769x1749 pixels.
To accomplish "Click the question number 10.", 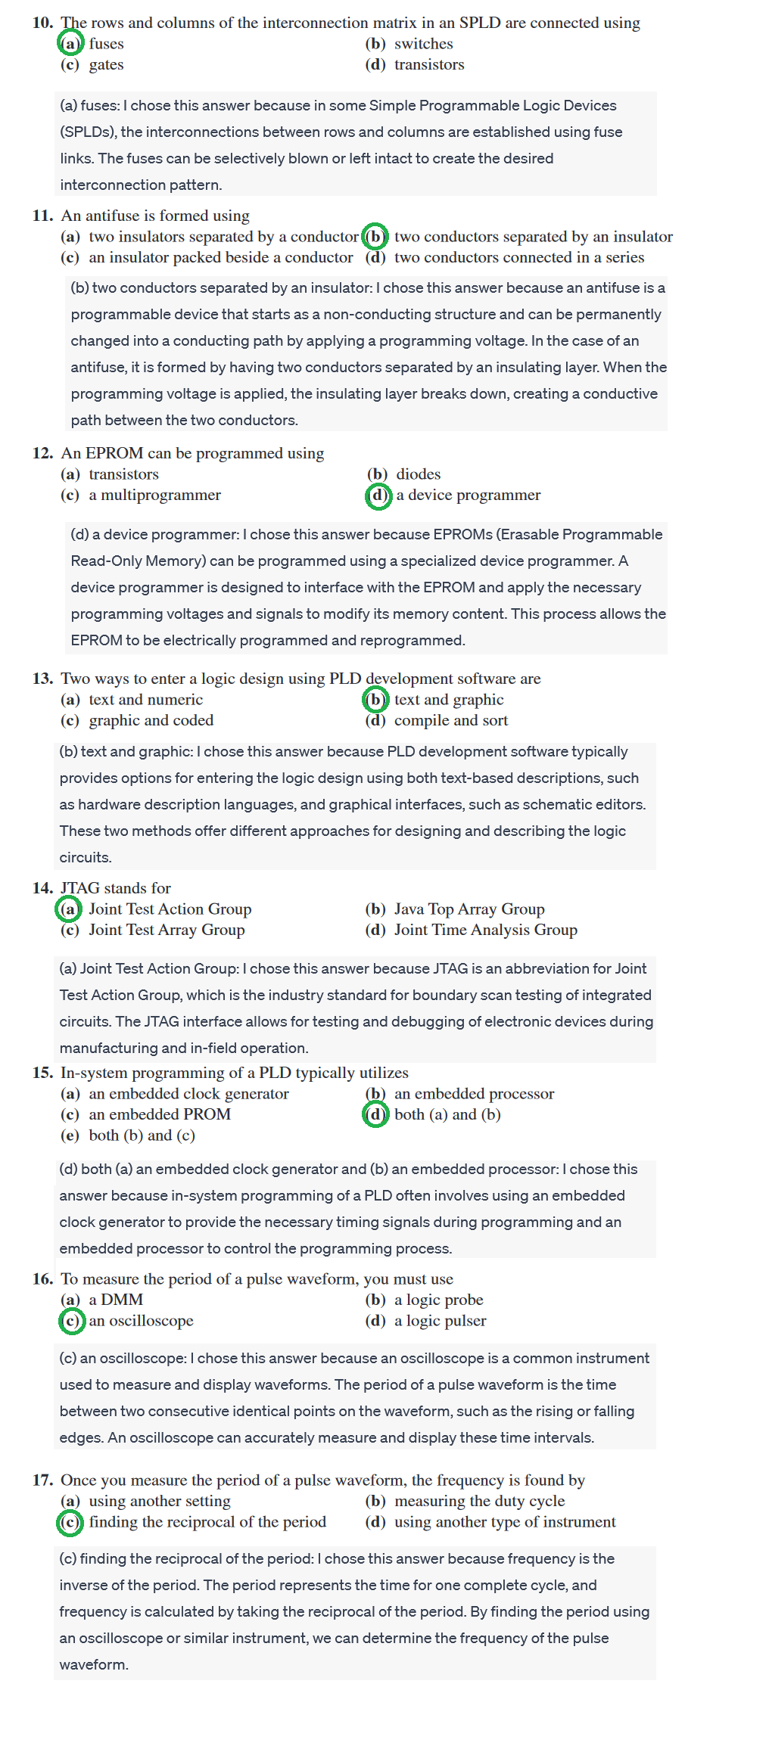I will click(42, 23).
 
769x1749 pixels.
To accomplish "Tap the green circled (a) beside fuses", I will click(70, 44).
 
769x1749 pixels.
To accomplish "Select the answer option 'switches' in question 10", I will click(423, 44).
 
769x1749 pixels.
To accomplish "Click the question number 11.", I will click(42, 216).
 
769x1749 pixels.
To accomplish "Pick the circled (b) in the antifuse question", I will click(375, 237).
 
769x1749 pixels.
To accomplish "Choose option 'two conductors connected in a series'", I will click(518, 257).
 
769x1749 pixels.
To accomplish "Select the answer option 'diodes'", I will click(418, 474).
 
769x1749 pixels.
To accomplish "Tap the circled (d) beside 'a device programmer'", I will click(377, 495).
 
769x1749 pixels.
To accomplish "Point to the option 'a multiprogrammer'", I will click(154, 495).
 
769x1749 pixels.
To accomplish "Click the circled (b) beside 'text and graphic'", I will click(375, 700).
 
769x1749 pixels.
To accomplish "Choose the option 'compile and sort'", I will click(450, 720).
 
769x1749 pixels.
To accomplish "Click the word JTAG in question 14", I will click(80, 888).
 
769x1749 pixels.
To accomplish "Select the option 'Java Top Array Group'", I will click(469, 909).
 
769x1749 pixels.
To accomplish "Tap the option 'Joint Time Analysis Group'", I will click(485, 930).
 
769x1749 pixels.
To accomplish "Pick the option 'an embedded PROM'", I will click(159, 1114).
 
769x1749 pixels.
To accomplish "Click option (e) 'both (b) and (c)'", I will click(142, 1135).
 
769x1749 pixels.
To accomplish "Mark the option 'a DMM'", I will click(116, 1300).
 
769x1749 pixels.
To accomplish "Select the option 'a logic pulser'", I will click(440, 1321).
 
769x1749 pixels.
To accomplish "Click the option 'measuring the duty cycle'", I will click(479, 1501).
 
